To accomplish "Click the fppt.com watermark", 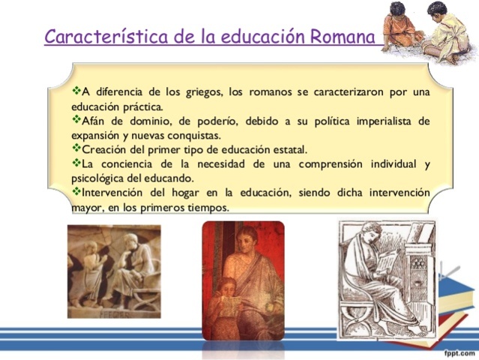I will click(x=459, y=352).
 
